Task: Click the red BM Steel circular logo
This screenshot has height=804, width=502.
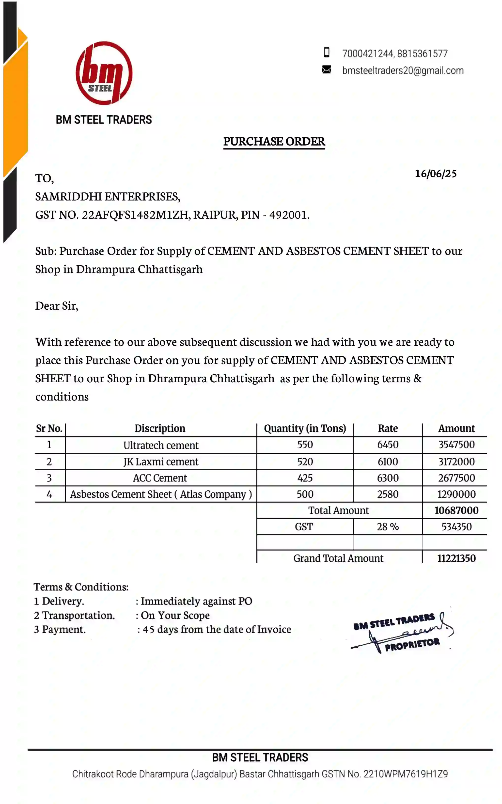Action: pyautogui.click(x=104, y=73)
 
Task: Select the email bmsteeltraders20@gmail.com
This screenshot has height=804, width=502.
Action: pyautogui.click(x=403, y=70)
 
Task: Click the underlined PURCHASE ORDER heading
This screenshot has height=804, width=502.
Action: pyautogui.click(x=274, y=142)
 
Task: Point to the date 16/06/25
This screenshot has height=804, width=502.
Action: pyautogui.click(x=436, y=174)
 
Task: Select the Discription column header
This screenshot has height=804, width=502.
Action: pyautogui.click(x=160, y=429)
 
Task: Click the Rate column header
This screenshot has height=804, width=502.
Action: pyautogui.click(x=388, y=429)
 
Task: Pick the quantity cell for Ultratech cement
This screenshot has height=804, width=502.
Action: pyautogui.click(x=305, y=445)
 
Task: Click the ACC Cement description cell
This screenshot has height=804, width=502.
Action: pyautogui.click(x=160, y=478)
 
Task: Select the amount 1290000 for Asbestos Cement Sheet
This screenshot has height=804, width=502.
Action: pyautogui.click(x=456, y=494)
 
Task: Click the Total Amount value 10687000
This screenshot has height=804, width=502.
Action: pyautogui.click(x=456, y=511)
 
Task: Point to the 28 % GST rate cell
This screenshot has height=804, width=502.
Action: pyautogui.click(x=388, y=527)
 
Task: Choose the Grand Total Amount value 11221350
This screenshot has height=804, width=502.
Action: pyautogui.click(x=456, y=558)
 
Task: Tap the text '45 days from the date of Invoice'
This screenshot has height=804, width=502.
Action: pyautogui.click(x=217, y=630)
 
